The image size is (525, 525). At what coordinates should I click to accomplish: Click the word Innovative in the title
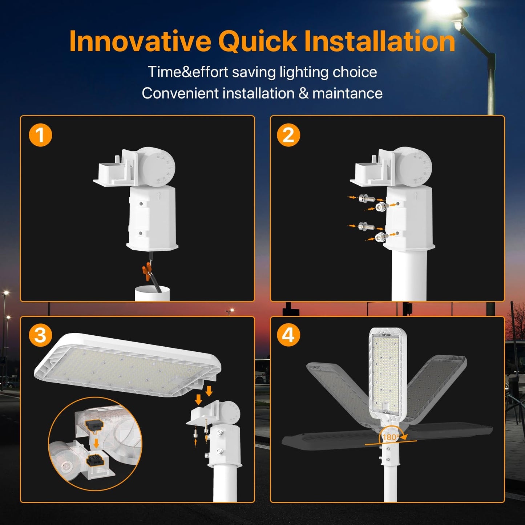[x=140, y=41]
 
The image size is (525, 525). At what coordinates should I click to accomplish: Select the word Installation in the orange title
[x=379, y=41]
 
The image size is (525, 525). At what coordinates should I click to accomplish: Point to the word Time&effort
[x=188, y=72]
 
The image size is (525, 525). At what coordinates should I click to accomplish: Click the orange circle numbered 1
[x=40, y=135]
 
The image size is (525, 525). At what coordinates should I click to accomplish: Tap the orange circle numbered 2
[x=288, y=135]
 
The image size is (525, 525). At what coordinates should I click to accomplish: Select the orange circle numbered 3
[x=40, y=335]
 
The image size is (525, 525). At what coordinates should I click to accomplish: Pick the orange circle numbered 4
[x=288, y=335]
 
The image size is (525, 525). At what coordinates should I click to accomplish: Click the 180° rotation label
[x=391, y=437]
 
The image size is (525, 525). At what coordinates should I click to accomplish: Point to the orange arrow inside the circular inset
[x=96, y=443]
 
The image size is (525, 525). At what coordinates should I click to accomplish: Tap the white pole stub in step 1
[x=152, y=294]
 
